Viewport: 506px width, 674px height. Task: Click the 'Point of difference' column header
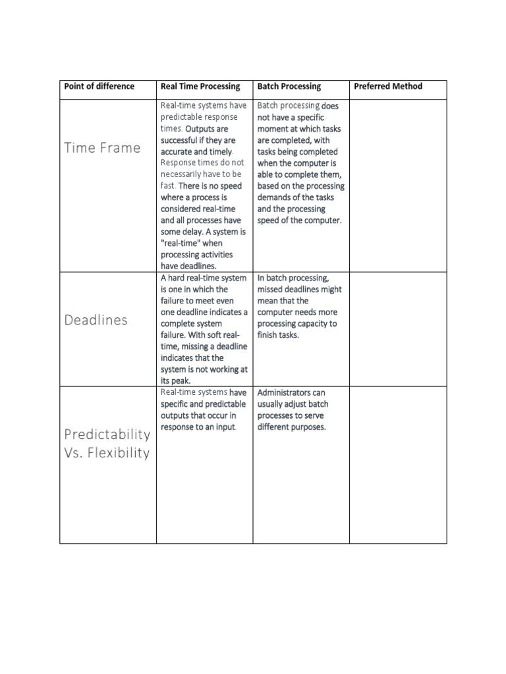tap(99, 86)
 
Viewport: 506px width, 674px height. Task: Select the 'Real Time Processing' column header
tap(200, 86)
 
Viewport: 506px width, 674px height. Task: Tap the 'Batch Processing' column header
tap(289, 86)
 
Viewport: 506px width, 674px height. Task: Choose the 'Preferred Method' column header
tap(388, 86)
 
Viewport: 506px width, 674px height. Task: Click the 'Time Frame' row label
tap(102, 147)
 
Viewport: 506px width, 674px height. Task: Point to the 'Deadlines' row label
tap(96, 321)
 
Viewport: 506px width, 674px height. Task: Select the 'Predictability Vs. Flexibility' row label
tap(107, 444)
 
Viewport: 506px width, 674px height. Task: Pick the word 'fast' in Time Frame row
tap(167, 186)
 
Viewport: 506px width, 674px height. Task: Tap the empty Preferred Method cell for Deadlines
tap(397, 329)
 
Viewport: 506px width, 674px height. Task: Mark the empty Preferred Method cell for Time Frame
tap(397, 186)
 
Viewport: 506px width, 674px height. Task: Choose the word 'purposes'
tap(310, 427)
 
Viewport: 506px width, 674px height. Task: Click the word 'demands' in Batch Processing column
tap(277, 197)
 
